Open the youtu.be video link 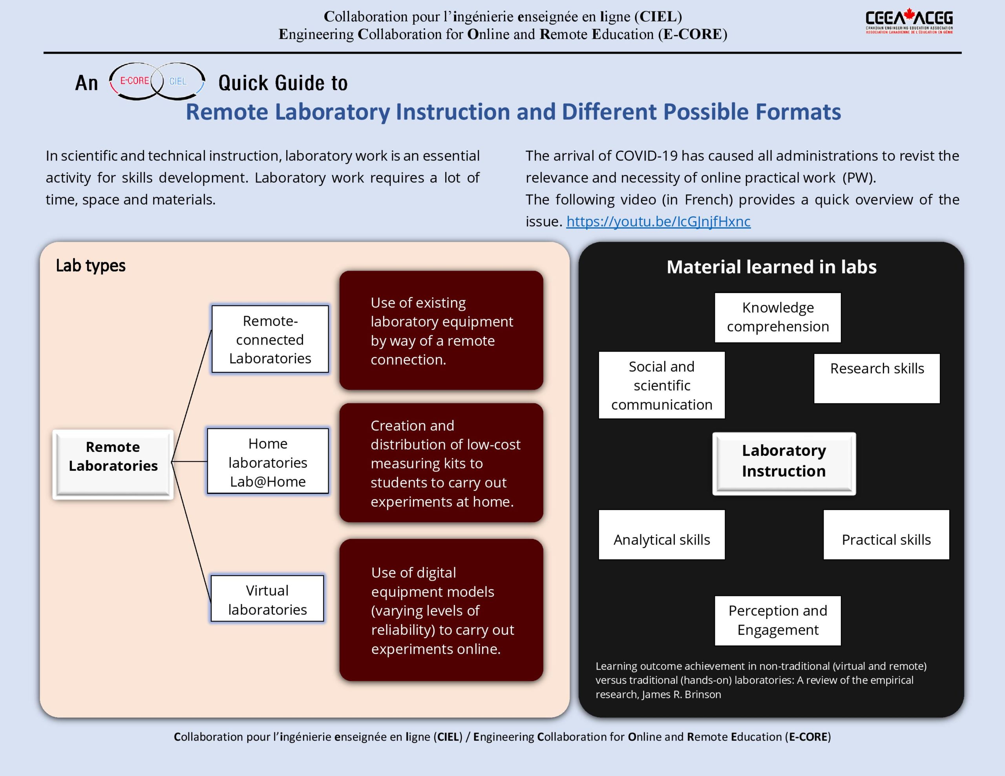(x=658, y=222)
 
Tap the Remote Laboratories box (x=113, y=464)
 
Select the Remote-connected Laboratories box (x=270, y=339)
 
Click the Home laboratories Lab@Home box (x=268, y=462)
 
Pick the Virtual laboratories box (x=267, y=599)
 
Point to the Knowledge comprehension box (x=778, y=317)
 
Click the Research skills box (x=877, y=378)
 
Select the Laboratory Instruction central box (x=784, y=463)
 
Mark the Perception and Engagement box (x=778, y=621)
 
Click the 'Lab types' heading (x=91, y=266)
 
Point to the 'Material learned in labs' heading (x=771, y=267)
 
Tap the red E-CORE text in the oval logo (x=134, y=81)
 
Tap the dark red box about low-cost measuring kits (x=441, y=463)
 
